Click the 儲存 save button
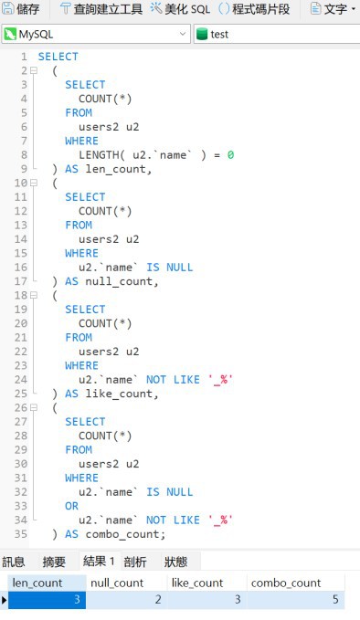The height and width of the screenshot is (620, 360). click(x=22, y=9)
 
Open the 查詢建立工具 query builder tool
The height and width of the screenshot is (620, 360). click(x=101, y=9)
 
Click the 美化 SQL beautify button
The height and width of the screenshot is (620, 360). click(x=180, y=9)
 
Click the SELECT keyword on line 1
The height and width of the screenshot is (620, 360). click(x=58, y=57)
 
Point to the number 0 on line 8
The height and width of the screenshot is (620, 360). click(x=231, y=155)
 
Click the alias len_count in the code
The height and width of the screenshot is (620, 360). click(x=118, y=169)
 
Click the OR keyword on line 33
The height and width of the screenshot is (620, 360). click(x=71, y=506)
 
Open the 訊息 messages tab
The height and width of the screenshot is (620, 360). click(x=14, y=562)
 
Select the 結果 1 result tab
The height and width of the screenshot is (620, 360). click(x=99, y=562)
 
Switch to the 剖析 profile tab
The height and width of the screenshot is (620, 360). click(x=134, y=562)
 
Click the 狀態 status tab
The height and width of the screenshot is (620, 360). click(x=175, y=562)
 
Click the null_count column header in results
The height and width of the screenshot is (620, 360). click(x=116, y=583)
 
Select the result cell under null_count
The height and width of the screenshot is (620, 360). click(x=125, y=600)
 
